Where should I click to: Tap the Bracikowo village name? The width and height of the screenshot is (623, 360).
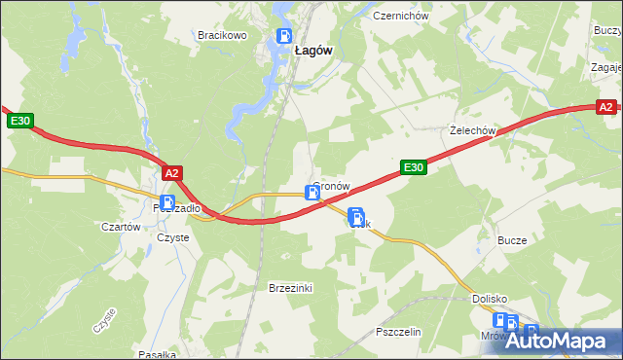click(222, 35)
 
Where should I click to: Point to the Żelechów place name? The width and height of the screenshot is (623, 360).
click(473, 129)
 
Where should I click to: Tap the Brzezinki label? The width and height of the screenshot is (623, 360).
click(289, 288)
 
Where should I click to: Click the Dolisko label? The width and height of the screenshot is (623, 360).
click(491, 299)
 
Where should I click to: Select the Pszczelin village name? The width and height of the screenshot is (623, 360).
click(398, 332)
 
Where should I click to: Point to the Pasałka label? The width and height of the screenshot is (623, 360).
click(157, 354)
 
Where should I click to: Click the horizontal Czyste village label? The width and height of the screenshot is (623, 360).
click(172, 237)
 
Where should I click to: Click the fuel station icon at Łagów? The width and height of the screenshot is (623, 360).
click(283, 37)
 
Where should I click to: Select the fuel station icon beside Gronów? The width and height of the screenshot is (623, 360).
click(312, 193)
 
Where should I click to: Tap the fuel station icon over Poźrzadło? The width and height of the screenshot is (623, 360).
click(167, 203)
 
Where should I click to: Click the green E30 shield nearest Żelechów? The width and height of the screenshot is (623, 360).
click(415, 167)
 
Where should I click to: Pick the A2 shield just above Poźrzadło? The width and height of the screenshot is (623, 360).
click(172, 173)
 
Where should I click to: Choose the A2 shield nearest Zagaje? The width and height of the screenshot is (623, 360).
click(605, 108)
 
